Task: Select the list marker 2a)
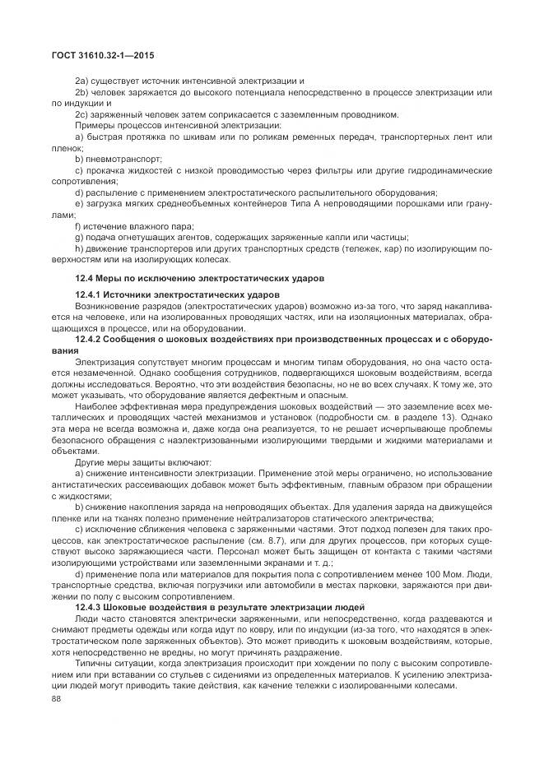pos(81,81)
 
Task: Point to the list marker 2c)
pos(81,114)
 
